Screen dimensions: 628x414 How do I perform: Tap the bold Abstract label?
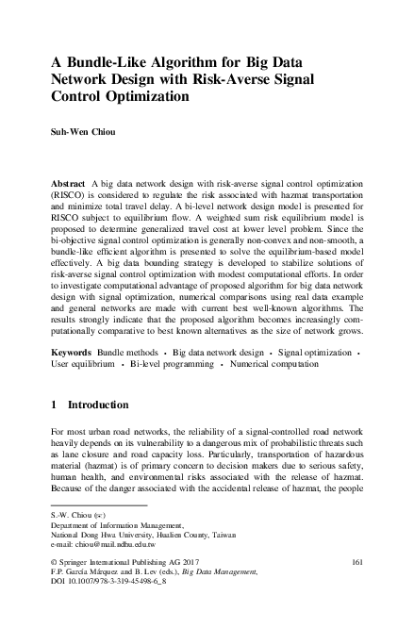[70, 178]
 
